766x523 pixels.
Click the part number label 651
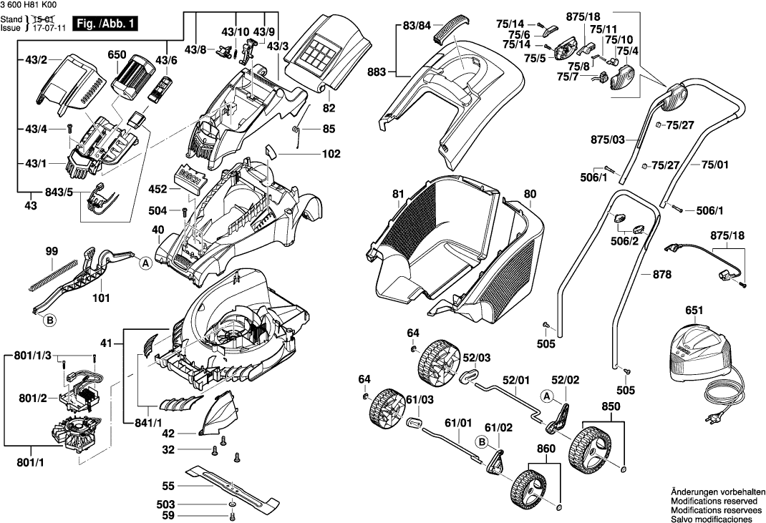694,311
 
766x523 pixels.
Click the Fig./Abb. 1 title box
110,25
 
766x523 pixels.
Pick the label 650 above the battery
117,54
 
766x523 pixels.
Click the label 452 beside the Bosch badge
157,190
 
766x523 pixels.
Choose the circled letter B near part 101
50,321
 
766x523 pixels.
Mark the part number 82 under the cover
329,109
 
